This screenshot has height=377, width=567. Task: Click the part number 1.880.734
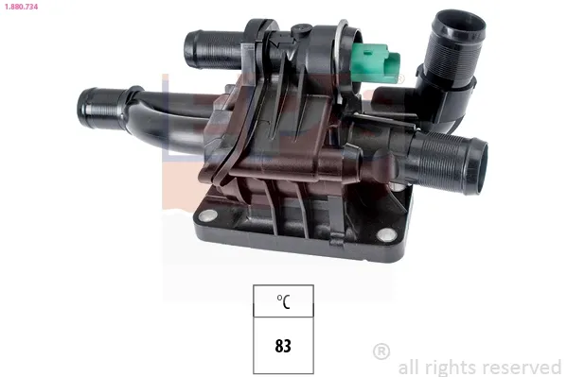coord(20,7)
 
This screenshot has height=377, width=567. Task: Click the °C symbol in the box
coord(283,302)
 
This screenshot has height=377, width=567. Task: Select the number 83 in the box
coord(283,345)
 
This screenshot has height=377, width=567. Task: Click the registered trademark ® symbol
coord(381,351)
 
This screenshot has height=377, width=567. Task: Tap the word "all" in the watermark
coord(409,367)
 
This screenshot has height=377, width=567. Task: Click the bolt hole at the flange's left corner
coord(204,217)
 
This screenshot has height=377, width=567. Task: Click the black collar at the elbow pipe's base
coord(452,89)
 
